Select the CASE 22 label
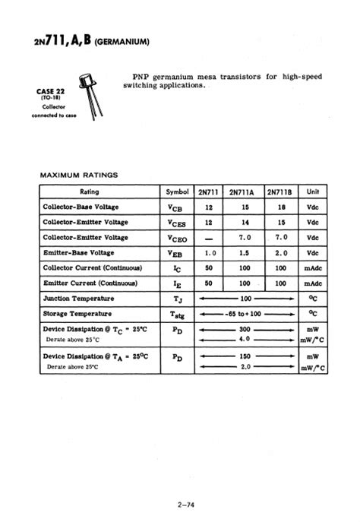coord(51,91)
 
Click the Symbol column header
coord(176,191)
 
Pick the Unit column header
coord(312,191)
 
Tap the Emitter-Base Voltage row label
coord(79,252)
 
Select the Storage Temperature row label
coord(78,313)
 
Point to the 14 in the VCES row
coord(244,222)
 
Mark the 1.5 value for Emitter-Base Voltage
coord(244,252)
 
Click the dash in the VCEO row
coord(210,238)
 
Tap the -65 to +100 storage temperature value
coord(245,313)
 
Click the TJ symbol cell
coord(176,299)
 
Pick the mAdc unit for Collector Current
coord(312,267)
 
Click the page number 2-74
coord(180,505)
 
